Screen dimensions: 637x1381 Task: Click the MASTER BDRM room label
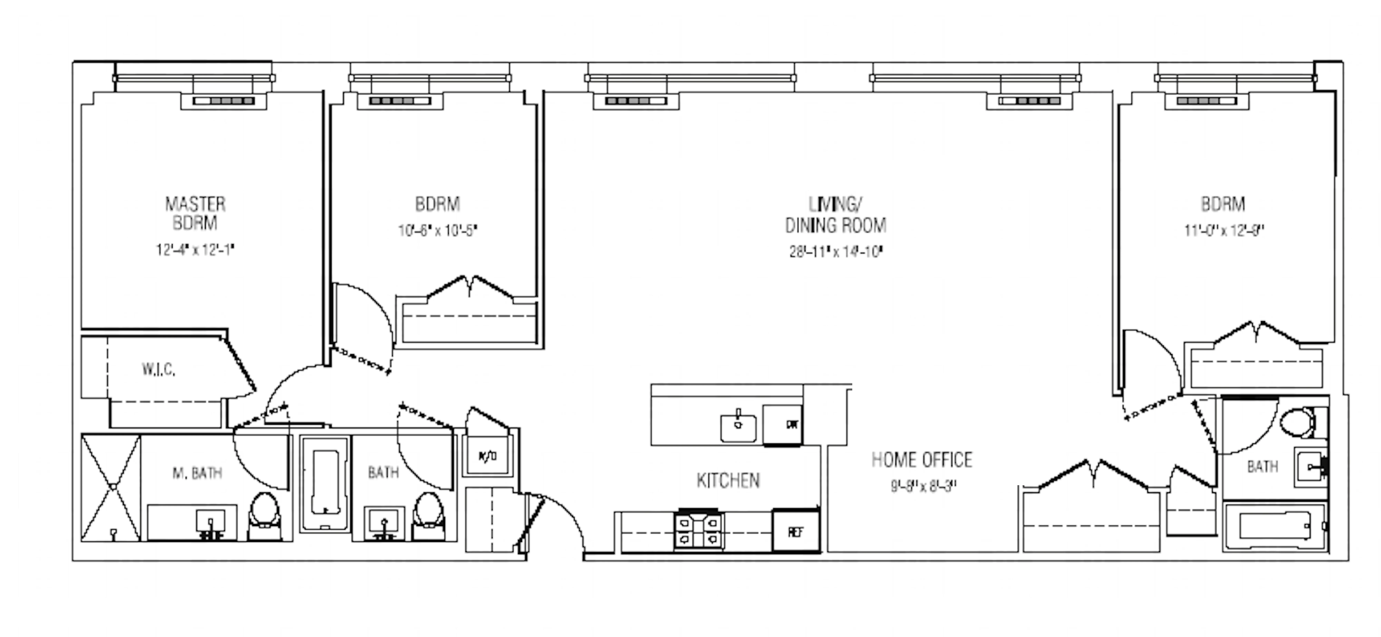click(195, 213)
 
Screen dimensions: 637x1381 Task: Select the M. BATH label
click(197, 473)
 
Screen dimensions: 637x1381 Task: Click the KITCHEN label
click(728, 481)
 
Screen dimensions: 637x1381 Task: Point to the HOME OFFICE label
click(922, 460)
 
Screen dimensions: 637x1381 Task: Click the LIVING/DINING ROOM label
click(835, 215)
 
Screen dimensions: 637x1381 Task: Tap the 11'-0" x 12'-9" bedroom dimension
click(1224, 231)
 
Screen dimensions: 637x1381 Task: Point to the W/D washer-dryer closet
click(487, 456)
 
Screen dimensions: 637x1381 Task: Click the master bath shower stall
click(111, 487)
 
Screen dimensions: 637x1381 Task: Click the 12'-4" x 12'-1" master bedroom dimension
click(195, 250)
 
